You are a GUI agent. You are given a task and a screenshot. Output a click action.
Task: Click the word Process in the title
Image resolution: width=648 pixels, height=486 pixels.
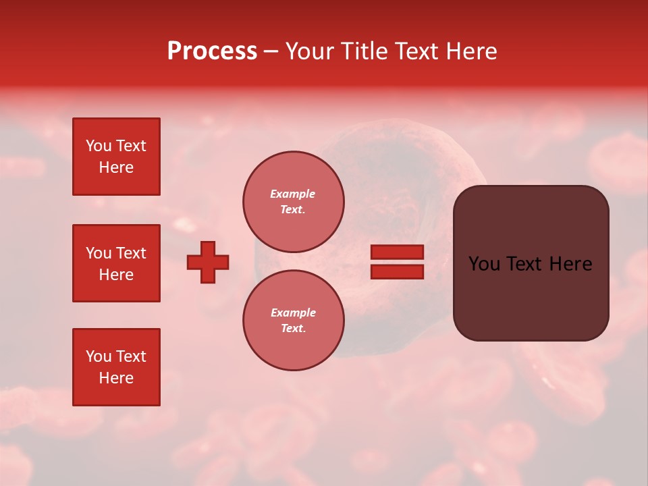click(x=212, y=51)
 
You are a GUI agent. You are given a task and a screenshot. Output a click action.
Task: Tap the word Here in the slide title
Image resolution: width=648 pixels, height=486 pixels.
click(x=471, y=51)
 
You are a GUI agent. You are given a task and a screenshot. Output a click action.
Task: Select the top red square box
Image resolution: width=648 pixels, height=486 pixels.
click(x=116, y=157)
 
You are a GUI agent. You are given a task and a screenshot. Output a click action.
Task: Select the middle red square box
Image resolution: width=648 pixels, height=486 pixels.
click(x=116, y=263)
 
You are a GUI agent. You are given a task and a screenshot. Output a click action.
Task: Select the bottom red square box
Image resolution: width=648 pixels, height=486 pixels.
click(x=116, y=367)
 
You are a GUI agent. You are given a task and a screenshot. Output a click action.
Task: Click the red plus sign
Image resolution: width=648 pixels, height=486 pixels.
click(x=208, y=262)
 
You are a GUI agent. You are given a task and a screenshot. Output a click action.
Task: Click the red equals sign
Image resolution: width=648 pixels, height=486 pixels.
click(x=397, y=262)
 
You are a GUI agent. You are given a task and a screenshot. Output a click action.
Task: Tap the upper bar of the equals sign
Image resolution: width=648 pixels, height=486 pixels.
click(x=397, y=252)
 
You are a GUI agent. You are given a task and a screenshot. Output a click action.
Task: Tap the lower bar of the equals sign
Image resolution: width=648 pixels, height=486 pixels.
click(x=397, y=271)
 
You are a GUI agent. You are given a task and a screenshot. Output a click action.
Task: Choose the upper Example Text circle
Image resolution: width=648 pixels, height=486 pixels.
click(x=293, y=202)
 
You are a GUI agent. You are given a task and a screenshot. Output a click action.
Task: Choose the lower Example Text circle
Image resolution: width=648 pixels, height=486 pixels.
click(x=293, y=321)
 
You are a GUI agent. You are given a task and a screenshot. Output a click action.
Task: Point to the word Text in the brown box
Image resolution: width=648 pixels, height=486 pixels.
click(x=526, y=264)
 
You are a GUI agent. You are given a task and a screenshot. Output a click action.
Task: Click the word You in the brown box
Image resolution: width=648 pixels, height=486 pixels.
click(x=484, y=264)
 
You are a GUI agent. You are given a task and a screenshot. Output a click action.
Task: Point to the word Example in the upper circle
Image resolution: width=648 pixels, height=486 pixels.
click(x=293, y=194)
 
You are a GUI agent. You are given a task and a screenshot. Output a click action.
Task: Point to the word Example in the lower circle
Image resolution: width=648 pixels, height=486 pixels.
click(x=293, y=313)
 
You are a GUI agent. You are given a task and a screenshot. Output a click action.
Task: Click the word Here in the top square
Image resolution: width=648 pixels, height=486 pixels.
click(x=116, y=167)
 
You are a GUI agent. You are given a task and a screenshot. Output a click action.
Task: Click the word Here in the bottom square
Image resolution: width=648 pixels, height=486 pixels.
click(x=116, y=378)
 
